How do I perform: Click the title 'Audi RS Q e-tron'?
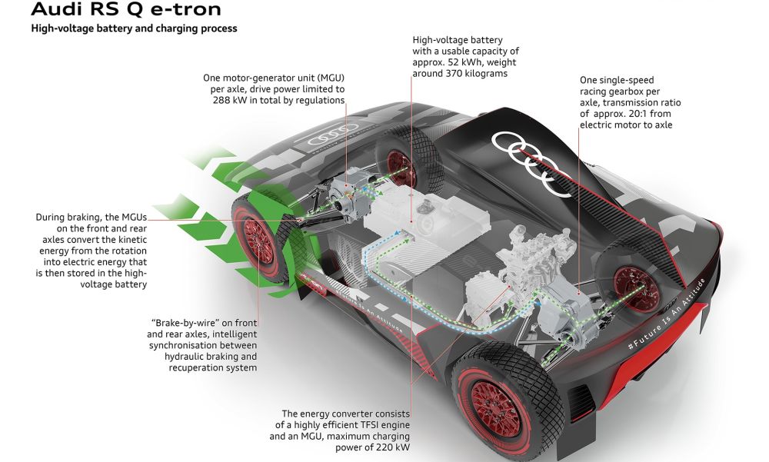[126, 8]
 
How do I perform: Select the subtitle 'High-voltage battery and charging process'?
[134, 28]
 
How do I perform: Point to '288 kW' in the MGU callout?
[229, 100]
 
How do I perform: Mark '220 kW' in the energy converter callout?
[392, 447]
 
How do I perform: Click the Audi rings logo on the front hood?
[333, 135]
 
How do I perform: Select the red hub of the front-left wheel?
[258, 241]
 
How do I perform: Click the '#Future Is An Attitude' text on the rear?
[665, 314]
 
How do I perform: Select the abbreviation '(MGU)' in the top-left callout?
[330, 78]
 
